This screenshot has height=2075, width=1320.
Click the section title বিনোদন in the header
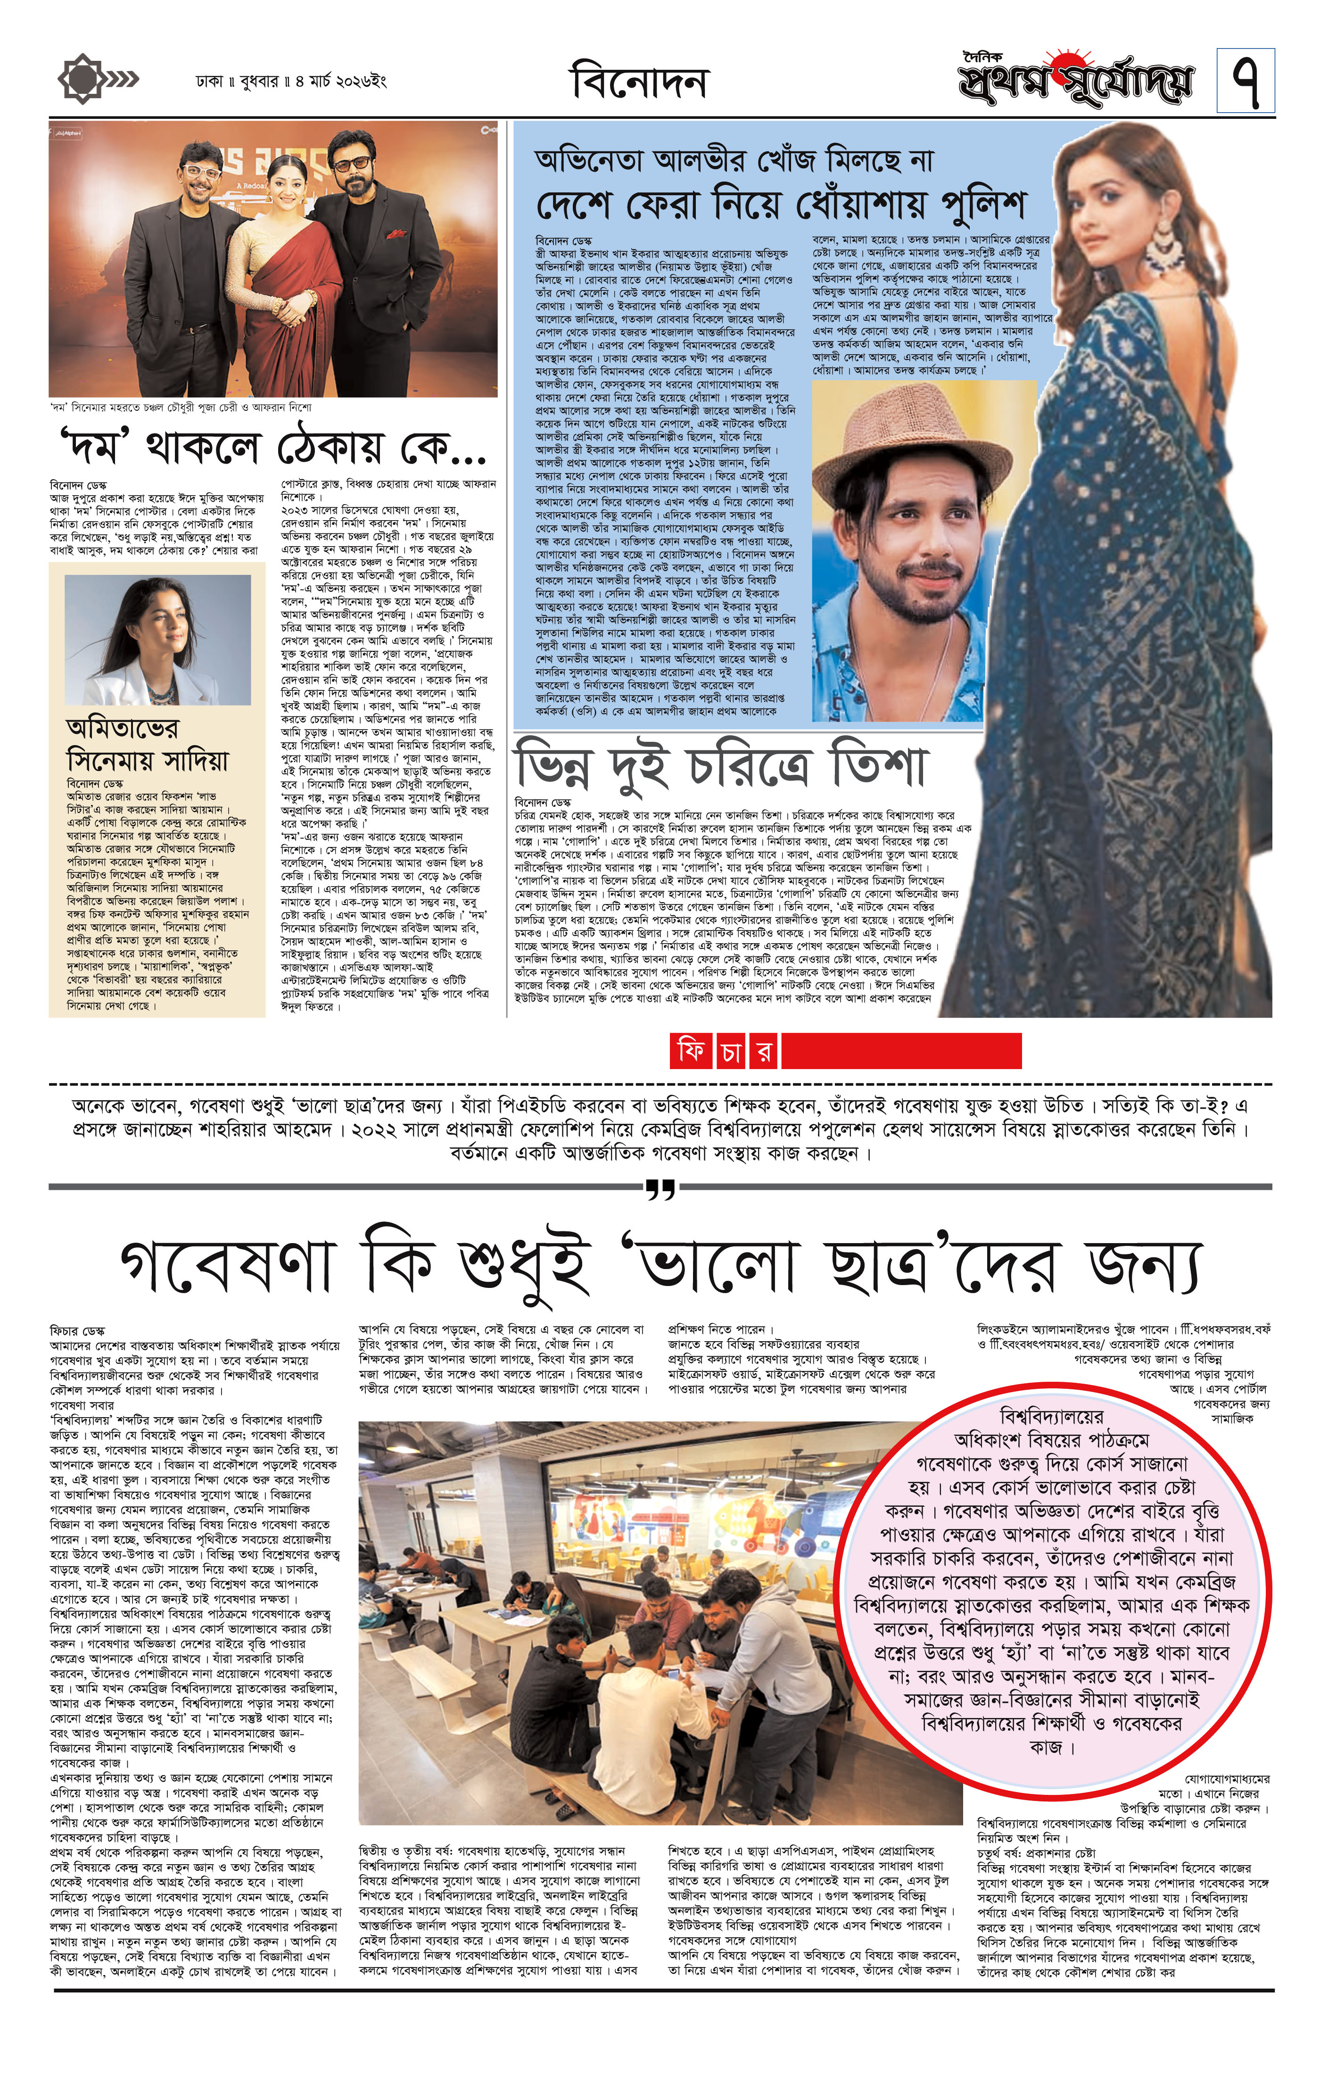pos(638,83)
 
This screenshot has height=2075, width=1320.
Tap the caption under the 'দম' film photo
pos(181,407)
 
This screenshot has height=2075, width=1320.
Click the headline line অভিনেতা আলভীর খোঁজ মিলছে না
pos(733,161)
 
